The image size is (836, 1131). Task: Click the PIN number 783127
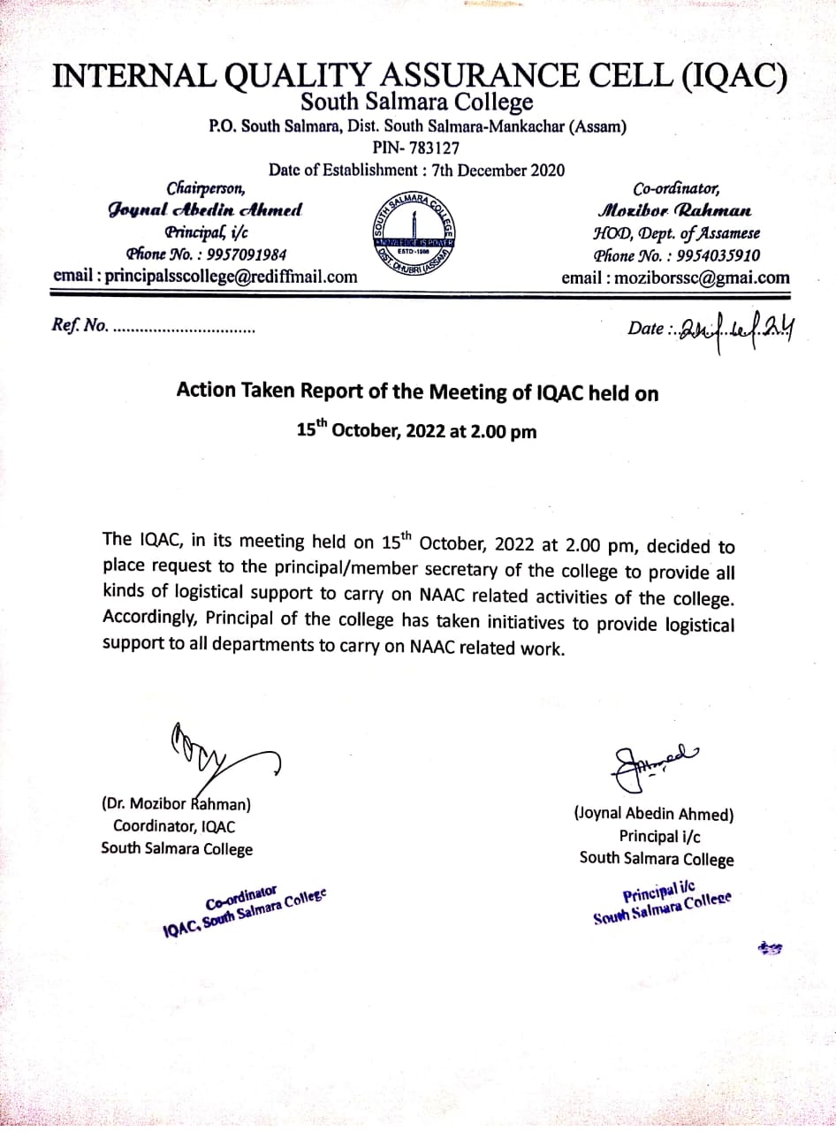pyautogui.click(x=435, y=148)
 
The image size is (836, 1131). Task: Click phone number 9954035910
pyautogui.click(x=719, y=256)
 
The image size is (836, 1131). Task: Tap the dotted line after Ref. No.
pyautogui.click(x=184, y=329)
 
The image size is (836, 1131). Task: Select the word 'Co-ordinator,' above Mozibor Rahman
pyautogui.click(x=676, y=188)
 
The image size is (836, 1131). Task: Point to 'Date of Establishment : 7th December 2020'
pyautogui.click(x=416, y=170)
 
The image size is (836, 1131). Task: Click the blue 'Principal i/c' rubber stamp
pyautogui.click(x=662, y=904)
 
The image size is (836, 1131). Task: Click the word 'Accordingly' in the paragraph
pyautogui.click(x=152, y=621)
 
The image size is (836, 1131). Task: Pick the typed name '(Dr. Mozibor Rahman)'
pyautogui.click(x=177, y=804)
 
